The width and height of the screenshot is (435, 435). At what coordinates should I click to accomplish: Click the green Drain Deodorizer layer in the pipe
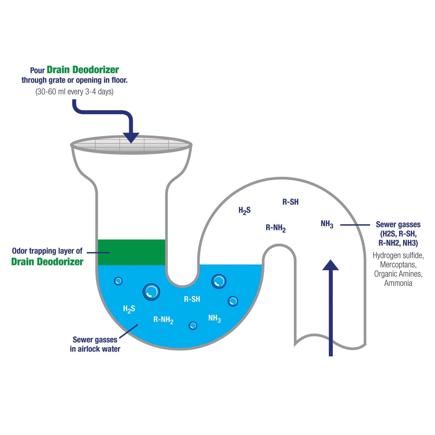(x=131, y=252)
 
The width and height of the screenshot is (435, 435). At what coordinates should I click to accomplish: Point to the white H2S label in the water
(x=129, y=309)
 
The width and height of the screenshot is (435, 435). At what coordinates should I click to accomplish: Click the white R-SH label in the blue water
(x=192, y=299)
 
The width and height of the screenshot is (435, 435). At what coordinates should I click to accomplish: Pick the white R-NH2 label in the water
(x=163, y=320)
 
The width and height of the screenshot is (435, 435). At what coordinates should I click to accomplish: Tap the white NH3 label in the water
(x=214, y=318)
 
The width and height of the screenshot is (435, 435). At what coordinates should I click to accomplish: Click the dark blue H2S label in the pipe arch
(x=244, y=210)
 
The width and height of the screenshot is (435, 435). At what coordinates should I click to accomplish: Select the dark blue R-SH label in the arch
(x=290, y=202)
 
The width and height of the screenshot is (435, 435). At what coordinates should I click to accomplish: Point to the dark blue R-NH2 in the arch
(x=275, y=228)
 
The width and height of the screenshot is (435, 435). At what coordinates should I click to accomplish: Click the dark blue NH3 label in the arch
(x=327, y=224)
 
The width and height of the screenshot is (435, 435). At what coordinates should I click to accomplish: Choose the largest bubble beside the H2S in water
(x=151, y=292)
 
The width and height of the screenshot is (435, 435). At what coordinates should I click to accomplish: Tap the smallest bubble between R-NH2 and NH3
(x=193, y=326)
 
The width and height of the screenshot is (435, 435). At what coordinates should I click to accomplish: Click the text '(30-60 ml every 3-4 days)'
(x=74, y=92)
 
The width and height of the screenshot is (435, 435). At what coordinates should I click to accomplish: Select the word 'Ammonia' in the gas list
(x=398, y=283)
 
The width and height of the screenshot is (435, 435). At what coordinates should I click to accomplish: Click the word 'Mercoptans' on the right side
(x=398, y=265)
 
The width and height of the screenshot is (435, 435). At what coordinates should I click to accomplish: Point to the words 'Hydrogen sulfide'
(x=398, y=255)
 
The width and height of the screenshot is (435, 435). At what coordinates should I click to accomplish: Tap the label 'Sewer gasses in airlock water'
(x=95, y=344)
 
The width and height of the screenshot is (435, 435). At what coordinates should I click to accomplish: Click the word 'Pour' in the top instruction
(x=37, y=71)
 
